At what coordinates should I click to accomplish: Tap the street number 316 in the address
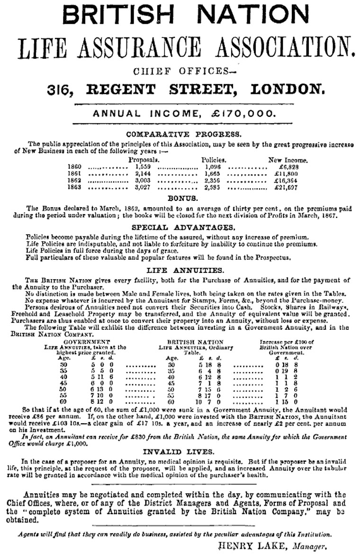[x=63, y=89]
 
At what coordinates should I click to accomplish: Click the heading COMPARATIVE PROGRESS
[x=183, y=134]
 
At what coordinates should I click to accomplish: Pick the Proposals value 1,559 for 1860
[x=143, y=167]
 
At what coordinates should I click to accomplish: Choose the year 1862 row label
[x=75, y=181]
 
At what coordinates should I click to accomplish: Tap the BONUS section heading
[x=182, y=198]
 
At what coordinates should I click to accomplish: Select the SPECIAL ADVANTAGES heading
[x=183, y=227]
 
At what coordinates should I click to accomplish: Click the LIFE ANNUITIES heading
[x=185, y=271]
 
